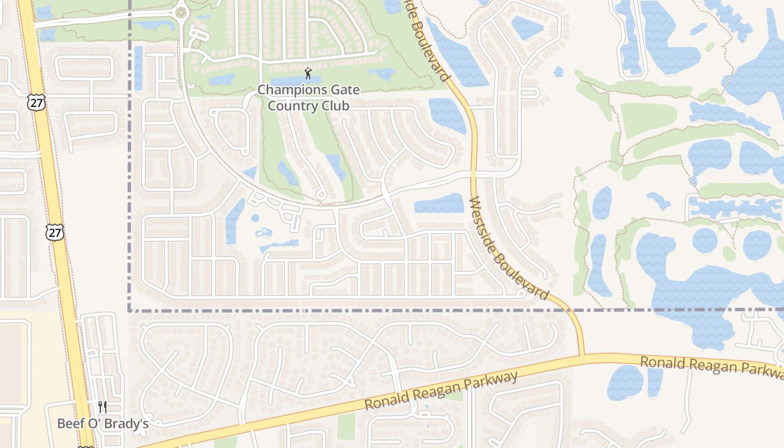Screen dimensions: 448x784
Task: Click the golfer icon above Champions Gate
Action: coord(308,73)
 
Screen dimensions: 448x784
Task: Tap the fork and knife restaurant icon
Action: coord(102,407)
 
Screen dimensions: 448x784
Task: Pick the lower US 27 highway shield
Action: coord(55,232)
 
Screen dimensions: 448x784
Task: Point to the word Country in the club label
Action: coord(295,105)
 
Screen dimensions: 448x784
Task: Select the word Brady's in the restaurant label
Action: coord(130,423)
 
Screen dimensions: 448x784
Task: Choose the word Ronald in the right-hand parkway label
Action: coord(662,362)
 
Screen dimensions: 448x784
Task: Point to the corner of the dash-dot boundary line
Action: coord(130,310)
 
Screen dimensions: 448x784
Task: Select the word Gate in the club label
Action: coord(343,90)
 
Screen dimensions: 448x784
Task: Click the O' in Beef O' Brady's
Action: coord(96,423)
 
